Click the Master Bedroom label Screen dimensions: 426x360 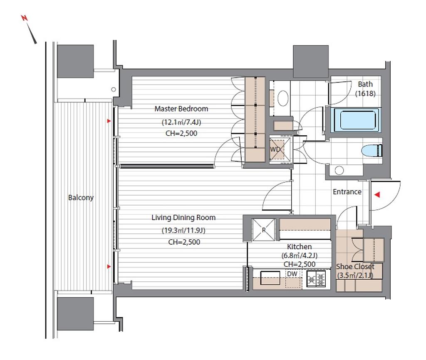(181, 109)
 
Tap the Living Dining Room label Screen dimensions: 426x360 (183, 217)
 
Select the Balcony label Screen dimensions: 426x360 (81, 198)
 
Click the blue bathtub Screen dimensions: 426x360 (356, 120)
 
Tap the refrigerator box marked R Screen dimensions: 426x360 (263, 230)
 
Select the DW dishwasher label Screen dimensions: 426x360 (292, 274)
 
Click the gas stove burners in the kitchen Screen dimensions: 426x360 (316, 279)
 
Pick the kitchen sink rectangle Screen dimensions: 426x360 (270, 278)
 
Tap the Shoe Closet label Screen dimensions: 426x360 (355, 266)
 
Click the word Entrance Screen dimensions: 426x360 (347, 192)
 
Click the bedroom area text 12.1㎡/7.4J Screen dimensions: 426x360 (181, 122)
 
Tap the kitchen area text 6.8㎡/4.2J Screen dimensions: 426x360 (300, 256)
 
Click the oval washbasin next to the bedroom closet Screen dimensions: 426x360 (283, 98)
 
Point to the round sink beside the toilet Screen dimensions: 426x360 (339, 171)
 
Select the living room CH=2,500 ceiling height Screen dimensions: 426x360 (184, 242)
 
